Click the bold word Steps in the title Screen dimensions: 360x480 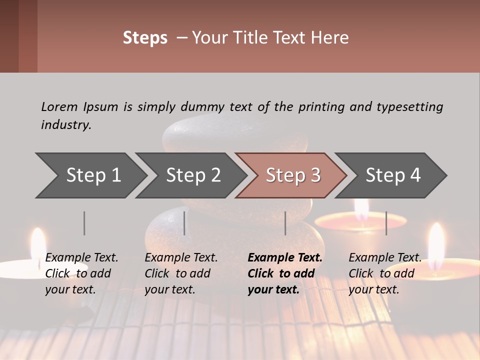point(145,38)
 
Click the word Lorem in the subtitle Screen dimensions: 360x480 point(59,106)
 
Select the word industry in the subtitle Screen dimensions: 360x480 point(66,124)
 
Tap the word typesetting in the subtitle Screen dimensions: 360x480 point(409,106)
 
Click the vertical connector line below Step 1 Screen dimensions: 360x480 point(84,223)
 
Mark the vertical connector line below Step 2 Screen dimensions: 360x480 point(184,223)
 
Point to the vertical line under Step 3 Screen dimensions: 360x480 point(285,223)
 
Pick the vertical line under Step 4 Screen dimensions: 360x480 point(386,223)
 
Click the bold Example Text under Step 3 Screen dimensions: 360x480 point(285,258)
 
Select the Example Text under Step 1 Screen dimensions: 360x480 point(81,258)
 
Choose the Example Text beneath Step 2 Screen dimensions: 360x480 point(181,258)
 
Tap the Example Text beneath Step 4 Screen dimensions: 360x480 point(385,258)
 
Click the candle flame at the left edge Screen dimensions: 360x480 point(38,245)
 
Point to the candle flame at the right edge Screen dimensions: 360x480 point(436,242)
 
